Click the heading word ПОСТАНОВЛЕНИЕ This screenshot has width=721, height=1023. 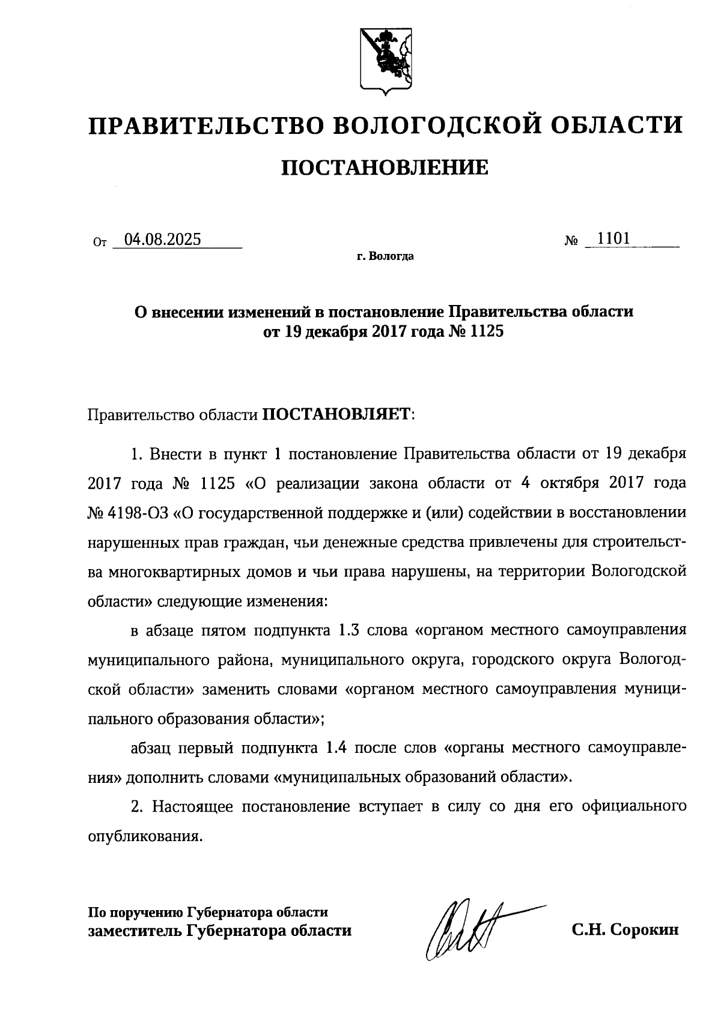pos(385,167)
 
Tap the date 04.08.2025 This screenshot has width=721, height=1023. pos(159,240)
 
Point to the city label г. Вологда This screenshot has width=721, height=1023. pos(385,257)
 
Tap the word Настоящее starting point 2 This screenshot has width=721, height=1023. pos(192,806)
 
